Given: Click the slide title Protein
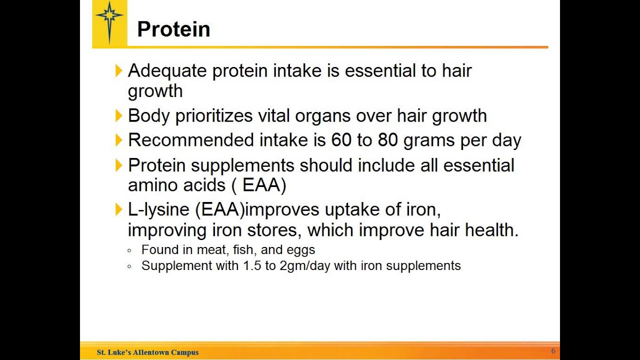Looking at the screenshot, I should click(x=173, y=29).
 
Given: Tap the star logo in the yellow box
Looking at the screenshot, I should click(x=109, y=21).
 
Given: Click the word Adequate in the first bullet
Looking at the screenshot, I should click(x=167, y=71).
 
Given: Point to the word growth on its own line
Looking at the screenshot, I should click(x=155, y=91).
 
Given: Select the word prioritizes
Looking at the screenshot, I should click(x=214, y=116).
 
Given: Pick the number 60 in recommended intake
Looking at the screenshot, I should click(x=341, y=140).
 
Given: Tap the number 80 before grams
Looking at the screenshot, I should click(x=387, y=140).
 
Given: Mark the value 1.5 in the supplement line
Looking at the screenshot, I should click(x=252, y=265).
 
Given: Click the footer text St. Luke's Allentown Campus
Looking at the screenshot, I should click(x=147, y=352).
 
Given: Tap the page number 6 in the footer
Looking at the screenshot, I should click(x=553, y=351).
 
